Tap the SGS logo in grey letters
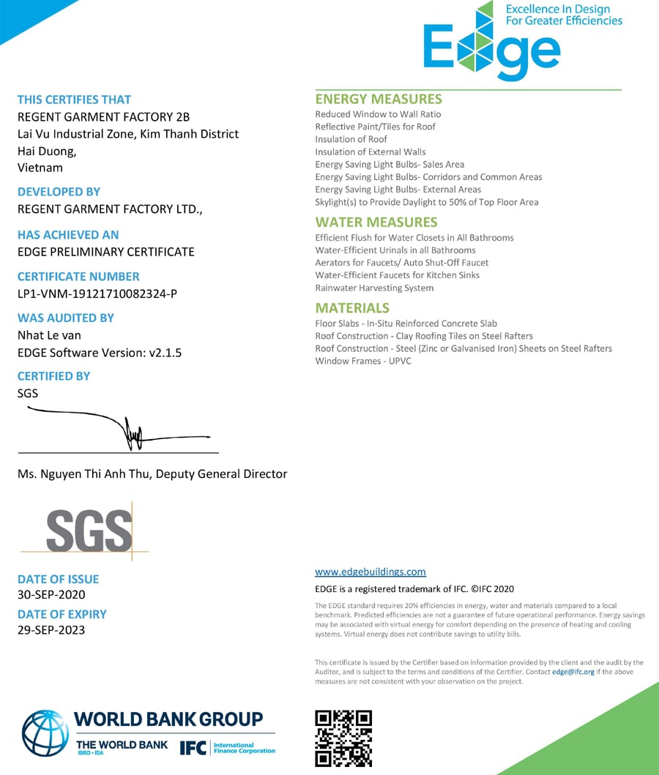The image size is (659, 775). coord(89,531)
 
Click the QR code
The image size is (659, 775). coord(343,738)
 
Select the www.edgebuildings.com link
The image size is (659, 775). coord(370,572)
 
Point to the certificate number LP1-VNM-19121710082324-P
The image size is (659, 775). coord(97,293)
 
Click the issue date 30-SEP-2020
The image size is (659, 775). coord(51,594)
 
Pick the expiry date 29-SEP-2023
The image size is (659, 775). coord(51,629)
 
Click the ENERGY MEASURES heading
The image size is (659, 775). coord(379,99)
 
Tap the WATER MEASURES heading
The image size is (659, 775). coord(376,222)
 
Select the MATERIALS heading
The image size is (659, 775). coord(352,307)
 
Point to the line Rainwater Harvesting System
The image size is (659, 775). coord(374,288)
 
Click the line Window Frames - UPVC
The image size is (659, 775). coord(363,361)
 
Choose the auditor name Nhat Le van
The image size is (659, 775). coord(49,335)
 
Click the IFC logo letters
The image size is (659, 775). coord(192,748)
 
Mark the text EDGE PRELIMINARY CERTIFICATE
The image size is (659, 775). coord(105,252)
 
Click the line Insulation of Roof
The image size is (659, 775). coord(351,139)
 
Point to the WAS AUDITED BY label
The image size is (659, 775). coord(66,318)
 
